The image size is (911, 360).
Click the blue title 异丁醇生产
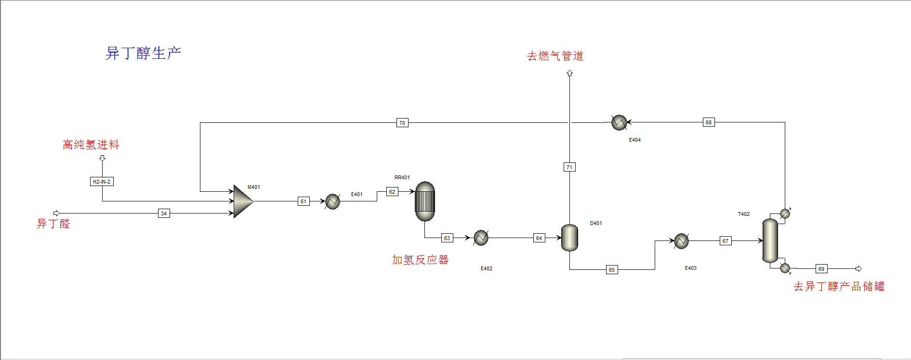coord(143,53)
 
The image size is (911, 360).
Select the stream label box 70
coord(402,123)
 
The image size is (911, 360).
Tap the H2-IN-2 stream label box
coord(102,182)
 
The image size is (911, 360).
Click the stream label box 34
coord(164,213)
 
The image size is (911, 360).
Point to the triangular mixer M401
coord(242,201)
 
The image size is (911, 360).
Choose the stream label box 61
coord(303,201)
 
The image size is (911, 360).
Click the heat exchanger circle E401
coord(332,201)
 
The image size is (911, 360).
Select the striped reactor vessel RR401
coord(425,201)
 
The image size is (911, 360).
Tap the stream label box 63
coord(447,238)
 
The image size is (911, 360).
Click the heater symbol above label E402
coord(481,238)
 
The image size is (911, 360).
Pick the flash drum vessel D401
coord(569,238)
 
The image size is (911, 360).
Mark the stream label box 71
coord(569,167)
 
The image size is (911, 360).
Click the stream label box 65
coord(612,270)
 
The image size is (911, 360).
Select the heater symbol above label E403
coord(681,240)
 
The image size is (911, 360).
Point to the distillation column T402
coord(770,240)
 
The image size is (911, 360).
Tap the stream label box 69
coord(821,269)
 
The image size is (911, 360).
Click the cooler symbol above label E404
coord(619,123)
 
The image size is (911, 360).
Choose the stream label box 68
coord(709,122)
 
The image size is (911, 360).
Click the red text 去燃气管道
coord(555,56)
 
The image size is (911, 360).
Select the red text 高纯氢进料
coord(91,145)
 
